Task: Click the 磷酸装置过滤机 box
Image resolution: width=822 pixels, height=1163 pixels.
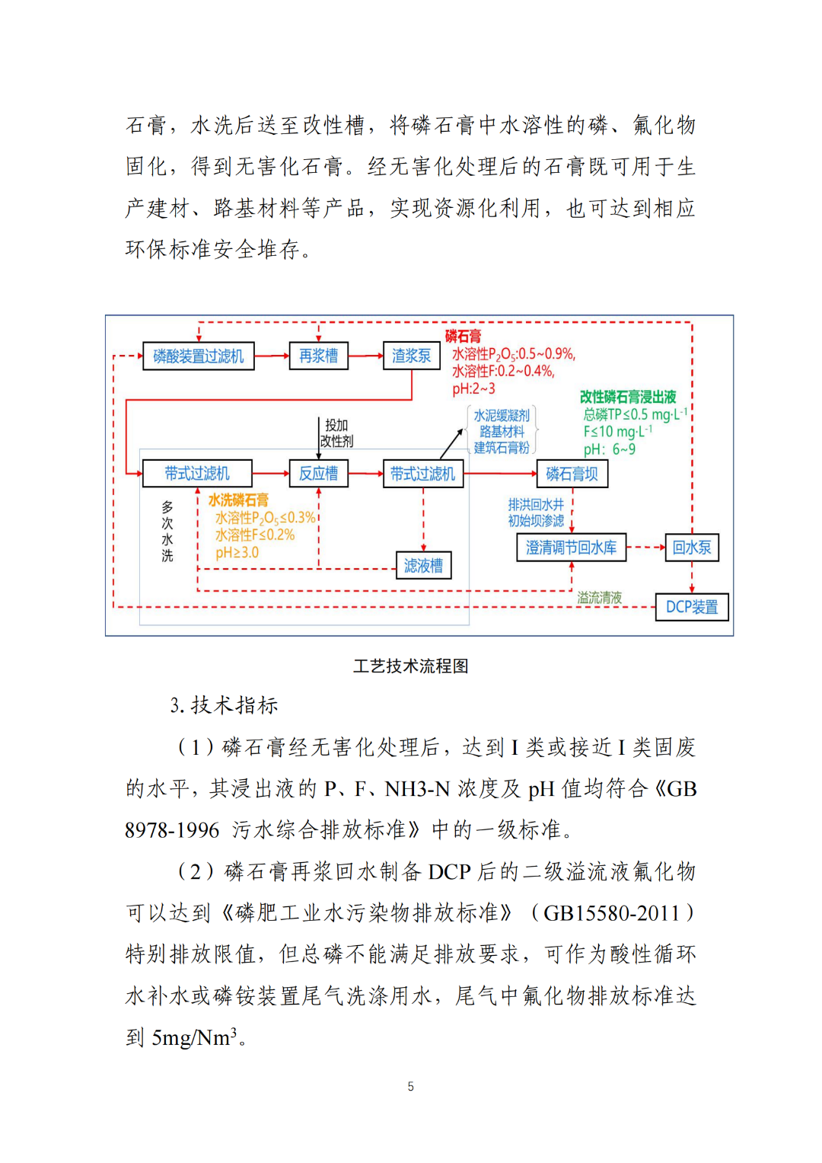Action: tap(198, 356)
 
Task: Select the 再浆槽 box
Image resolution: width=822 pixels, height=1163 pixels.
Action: tap(318, 356)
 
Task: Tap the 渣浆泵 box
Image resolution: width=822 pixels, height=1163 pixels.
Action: tap(411, 356)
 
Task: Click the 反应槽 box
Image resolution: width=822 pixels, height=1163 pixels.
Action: tap(318, 474)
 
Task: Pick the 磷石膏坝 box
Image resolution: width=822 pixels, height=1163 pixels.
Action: tap(572, 474)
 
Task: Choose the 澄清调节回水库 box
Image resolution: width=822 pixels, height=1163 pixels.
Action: tap(571, 548)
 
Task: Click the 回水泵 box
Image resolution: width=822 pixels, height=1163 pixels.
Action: tap(691, 548)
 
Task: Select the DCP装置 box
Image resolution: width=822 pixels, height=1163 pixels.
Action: tap(691, 607)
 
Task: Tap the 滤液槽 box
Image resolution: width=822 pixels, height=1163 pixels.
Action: tap(423, 566)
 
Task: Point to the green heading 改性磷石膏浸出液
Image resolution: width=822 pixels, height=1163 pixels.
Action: tap(628, 397)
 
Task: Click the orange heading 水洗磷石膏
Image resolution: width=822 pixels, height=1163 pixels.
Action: tap(238, 500)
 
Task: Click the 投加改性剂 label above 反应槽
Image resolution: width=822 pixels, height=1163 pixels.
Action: tap(336, 433)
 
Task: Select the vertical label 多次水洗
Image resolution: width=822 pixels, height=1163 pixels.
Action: tap(167, 531)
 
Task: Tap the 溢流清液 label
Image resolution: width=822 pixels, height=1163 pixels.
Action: tap(599, 598)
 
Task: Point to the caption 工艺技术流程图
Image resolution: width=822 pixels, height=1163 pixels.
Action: tap(410, 666)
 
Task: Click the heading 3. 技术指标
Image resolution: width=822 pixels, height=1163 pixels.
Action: tap(224, 705)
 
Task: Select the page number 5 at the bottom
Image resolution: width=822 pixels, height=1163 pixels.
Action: tap(411, 1086)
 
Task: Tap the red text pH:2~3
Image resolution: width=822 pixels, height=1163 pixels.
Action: tap(473, 388)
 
